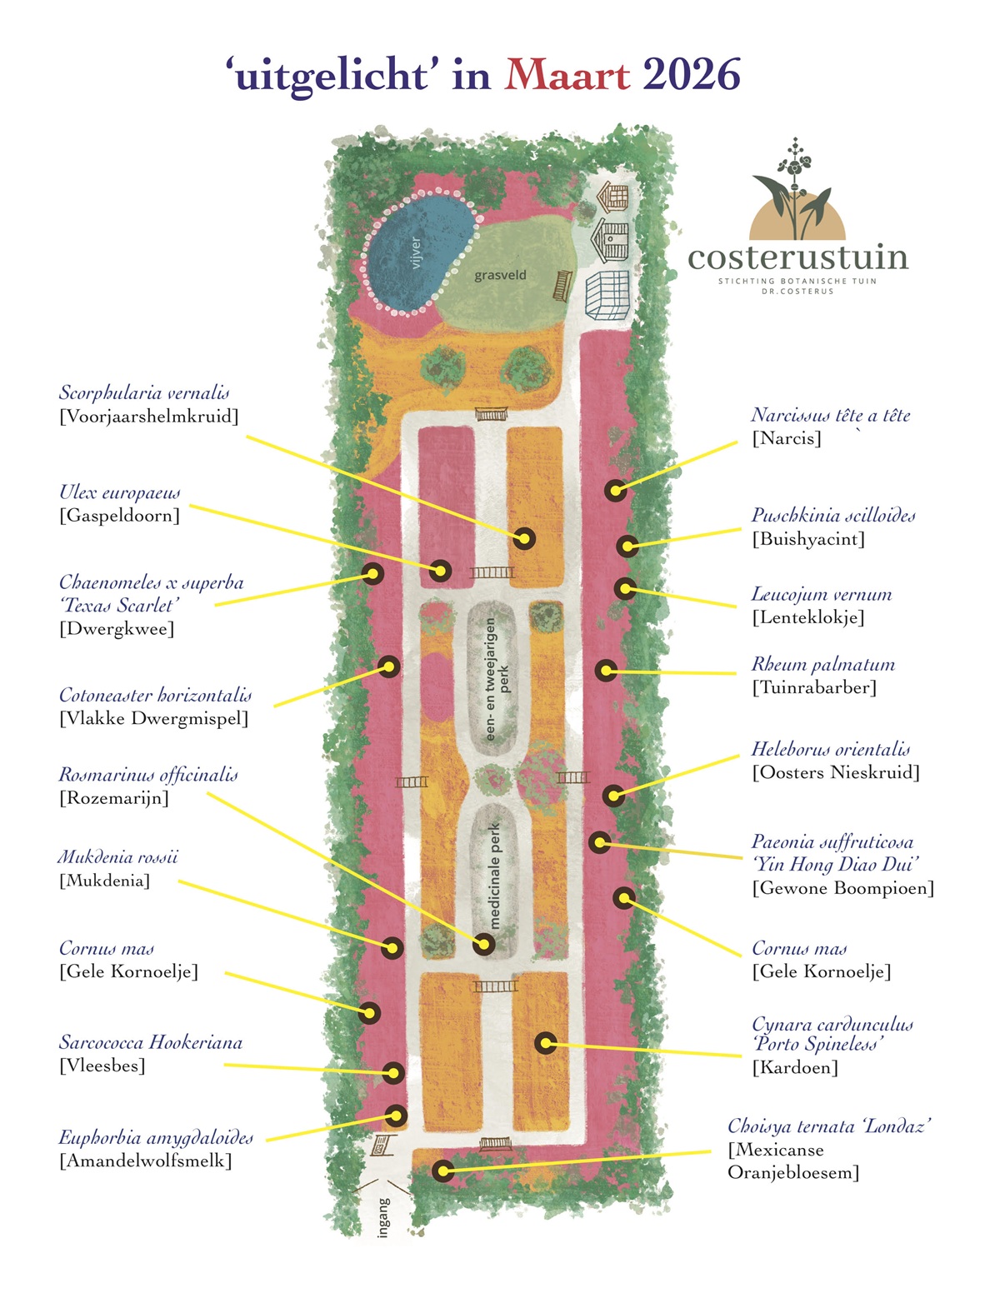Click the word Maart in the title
pyautogui.click(x=567, y=75)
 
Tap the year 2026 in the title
pyautogui.click(x=691, y=75)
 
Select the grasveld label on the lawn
pyautogui.click(x=500, y=275)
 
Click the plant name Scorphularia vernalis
pyautogui.click(x=144, y=393)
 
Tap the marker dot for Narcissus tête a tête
pyautogui.click(x=616, y=490)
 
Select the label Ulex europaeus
pyautogui.click(x=120, y=492)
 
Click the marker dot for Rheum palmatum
pyautogui.click(x=606, y=670)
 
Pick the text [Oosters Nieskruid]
pyautogui.click(x=836, y=772)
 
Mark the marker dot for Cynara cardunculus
pyautogui.click(x=545, y=1042)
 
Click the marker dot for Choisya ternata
pyautogui.click(x=443, y=1171)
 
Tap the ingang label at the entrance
pyautogui.click(x=383, y=1217)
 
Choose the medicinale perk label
pyautogui.click(x=495, y=875)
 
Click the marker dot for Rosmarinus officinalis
pyautogui.click(x=483, y=944)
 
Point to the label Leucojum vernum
pyautogui.click(x=822, y=595)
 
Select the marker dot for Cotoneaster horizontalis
pyautogui.click(x=389, y=666)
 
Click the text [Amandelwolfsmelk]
pyautogui.click(x=145, y=1161)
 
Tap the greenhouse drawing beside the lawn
pyautogui.click(x=607, y=296)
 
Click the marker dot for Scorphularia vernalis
pyautogui.click(x=523, y=538)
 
